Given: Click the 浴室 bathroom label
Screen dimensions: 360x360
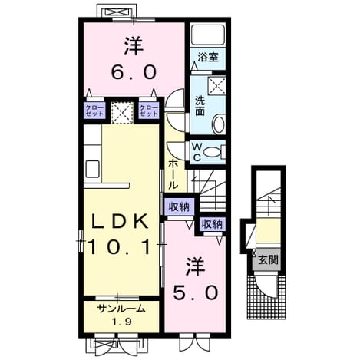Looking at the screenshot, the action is click(x=208, y=57).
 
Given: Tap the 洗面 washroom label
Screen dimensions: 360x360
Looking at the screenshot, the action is click(x=200, y=106).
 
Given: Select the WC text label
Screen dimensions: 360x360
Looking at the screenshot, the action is click(x=197, y=153).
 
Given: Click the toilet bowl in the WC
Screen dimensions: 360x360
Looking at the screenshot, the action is click(x=213, y=153).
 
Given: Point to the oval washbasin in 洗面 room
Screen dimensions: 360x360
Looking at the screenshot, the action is click(x=219, y=124).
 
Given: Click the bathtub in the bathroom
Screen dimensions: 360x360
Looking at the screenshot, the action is click(x=208, y=35).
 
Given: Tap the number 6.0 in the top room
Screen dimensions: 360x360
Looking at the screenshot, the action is click(x=134, y=72).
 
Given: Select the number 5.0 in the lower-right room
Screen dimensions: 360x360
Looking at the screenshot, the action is click(x=196, y=292).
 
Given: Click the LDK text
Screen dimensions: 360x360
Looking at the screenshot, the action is click(x=120, y=221).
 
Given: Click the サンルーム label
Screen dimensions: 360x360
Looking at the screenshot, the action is click(x=121, y=309).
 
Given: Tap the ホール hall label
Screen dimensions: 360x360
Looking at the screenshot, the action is click(x=173, y=173).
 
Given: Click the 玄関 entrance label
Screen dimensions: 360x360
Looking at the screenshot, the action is click(x=268, y=260).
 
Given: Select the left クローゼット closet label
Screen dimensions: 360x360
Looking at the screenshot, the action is click(x=94, y=111).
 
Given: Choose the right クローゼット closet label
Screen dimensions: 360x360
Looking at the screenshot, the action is click(x=149, y=111).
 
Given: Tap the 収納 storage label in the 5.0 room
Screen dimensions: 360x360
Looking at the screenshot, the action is click(x=212, y=224).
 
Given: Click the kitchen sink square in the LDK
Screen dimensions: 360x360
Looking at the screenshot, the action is click(x=92, y=169).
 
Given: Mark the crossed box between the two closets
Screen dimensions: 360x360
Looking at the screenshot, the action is click(x=122, y=113).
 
